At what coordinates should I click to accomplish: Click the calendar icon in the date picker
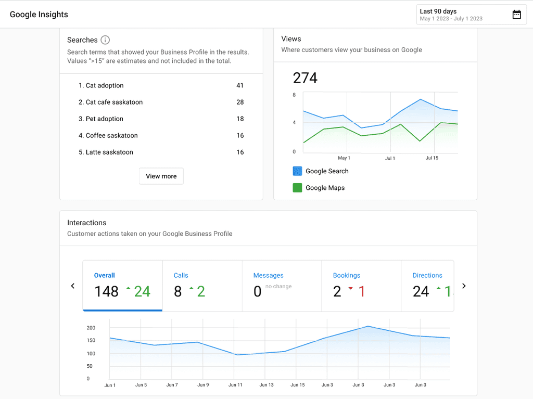pyautogui.click(x=516, y=15)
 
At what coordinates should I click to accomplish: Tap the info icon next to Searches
pyautogui.click(x=105, y=40)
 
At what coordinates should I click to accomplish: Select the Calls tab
pyautogui.click(x=202, y=286)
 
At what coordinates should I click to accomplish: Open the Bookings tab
pyautogui.click(x=361, y=286)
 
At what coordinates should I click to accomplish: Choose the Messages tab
pyautogui.click(x=282, y=286)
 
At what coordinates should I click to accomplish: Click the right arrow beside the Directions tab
pyautogui.click(x=464, y=286)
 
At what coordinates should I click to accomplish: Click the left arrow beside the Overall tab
pyautogui.click(x=73, y=286)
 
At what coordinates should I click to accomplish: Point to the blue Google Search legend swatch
pyautogui.click(x=297, y=171)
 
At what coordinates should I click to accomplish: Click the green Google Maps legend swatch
pyautogui.click(x=297, y=188)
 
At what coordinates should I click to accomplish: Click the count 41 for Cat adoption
pyautogui.click(x=240, y=85)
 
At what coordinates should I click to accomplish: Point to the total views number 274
pyautogui.click(x=305, y=78)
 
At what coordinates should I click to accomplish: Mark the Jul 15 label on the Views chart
pyautogui.click(x=432, y=158)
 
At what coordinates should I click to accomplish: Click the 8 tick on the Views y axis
pyautogui.click(x=294, y=95)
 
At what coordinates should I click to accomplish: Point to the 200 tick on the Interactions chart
pyautogui.click(x=91, y=328)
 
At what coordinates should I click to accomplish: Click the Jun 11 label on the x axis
pyautogui.click(x=235, y=385)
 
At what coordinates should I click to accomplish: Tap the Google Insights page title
pyautogui.click(x=39, y=15)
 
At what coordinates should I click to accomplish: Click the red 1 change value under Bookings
pyautogui.click(x=361, y=292)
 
